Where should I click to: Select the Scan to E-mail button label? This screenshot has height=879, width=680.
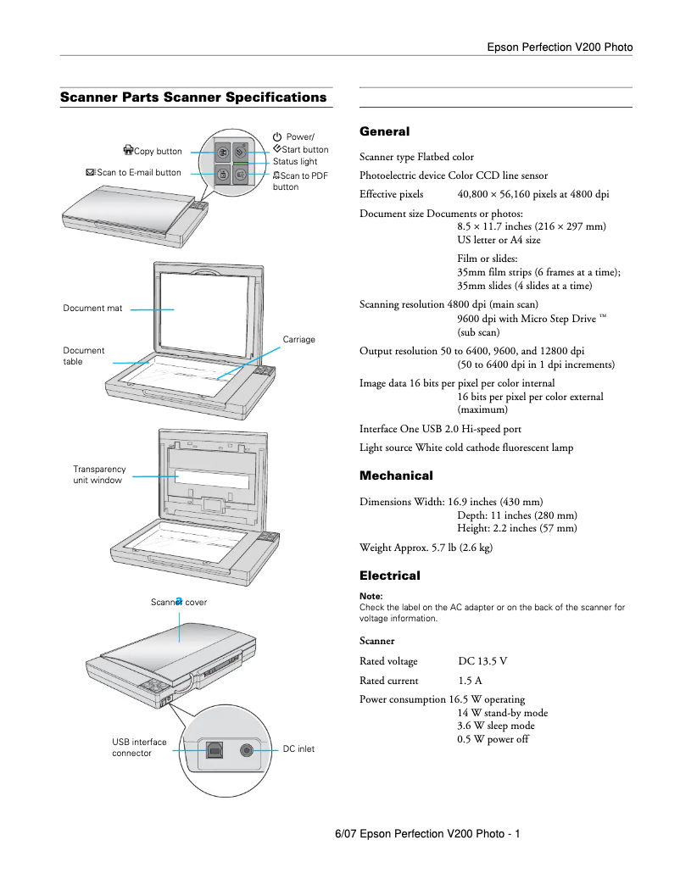134,173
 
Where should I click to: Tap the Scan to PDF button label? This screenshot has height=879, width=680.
300,181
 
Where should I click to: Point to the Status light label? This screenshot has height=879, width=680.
295,161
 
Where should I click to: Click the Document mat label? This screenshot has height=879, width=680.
92,309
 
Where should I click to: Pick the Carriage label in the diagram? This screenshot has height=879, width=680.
298,340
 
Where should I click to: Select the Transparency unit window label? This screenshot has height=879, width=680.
99,475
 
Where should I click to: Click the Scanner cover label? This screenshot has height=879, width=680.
179,603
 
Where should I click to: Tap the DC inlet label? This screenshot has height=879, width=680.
298,749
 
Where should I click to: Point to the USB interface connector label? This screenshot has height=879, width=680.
139,748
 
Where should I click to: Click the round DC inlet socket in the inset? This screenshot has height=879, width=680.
248,749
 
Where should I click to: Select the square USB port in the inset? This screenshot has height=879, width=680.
211,749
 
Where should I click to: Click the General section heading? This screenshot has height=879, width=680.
384,131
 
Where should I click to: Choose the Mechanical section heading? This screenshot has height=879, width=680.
396,476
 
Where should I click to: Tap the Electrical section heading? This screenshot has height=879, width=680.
390,576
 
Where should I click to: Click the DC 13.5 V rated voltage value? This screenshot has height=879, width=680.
482,661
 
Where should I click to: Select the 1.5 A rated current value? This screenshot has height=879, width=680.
470,681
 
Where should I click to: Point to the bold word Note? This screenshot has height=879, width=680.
371,596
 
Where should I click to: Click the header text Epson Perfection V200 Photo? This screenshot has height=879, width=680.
560,47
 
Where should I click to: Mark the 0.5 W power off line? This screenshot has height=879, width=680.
493,739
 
